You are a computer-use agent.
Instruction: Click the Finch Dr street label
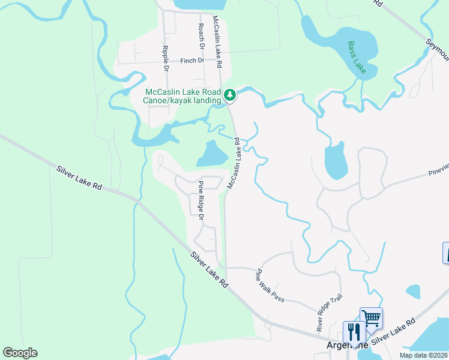[x=192, y=61]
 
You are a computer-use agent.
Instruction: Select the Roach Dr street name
[x=202, y=37]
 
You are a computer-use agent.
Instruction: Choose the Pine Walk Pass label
[x=270, y=286]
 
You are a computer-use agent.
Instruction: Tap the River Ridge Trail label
[x=329, y=311]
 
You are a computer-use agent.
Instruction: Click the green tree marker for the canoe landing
[x=229, y=95]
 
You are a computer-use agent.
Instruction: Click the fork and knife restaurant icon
[x=354, y=331]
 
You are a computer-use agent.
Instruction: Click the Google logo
[x=20, y=353]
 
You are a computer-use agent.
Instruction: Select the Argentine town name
[x=338, y=345]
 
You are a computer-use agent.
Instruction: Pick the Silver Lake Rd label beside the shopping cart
[x=393, y=332]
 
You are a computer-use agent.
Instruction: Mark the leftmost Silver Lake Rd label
[x=79, y=178]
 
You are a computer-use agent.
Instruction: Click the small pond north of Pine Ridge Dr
[x=211, y=154]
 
